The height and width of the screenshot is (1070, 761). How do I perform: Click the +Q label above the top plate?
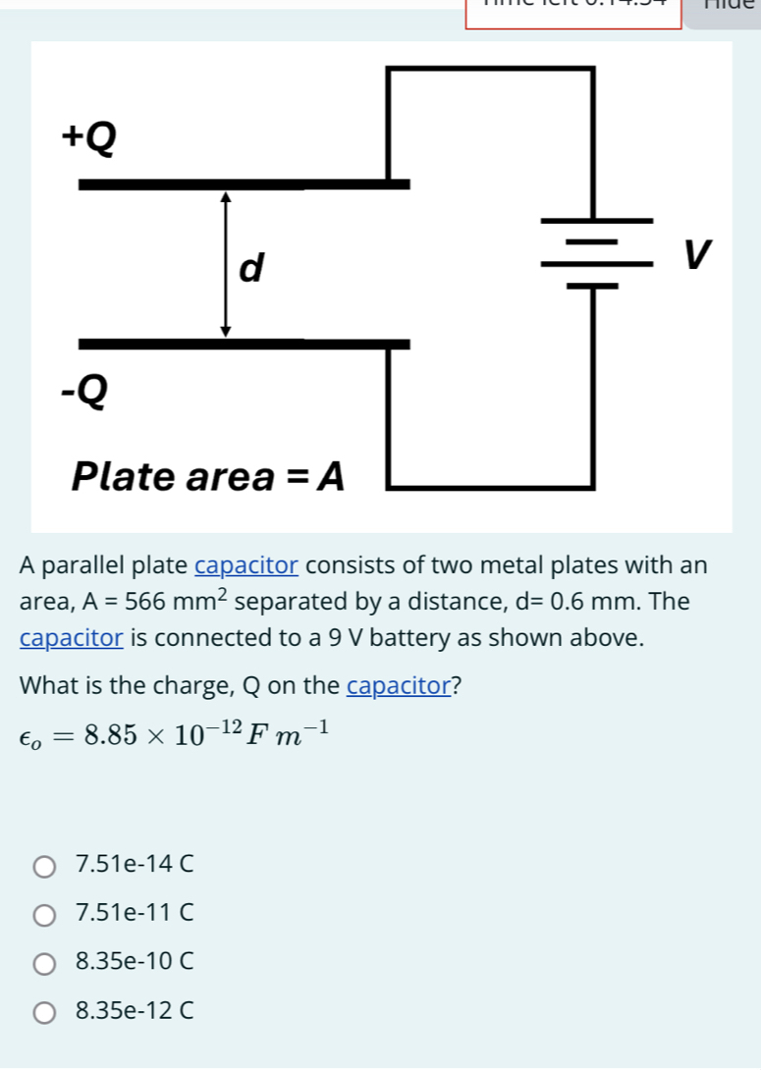point(88,139)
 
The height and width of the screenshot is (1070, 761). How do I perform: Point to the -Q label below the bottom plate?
point(85,392)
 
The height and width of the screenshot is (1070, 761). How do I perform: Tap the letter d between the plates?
point(252,266)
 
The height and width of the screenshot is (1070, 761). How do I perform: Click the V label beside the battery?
point(696,254)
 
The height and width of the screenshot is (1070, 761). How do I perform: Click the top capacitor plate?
point(244,184)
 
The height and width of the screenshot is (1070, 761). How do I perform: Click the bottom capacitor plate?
point(244,343)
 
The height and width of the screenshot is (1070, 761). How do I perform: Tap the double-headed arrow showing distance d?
point(226,264)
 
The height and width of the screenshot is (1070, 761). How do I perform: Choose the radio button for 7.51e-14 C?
point(45,867)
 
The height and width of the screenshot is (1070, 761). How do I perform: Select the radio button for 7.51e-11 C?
point(45,915)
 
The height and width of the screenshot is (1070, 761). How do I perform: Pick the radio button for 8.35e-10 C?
point(45,963)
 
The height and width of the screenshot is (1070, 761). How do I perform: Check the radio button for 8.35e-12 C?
point(45,1011)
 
